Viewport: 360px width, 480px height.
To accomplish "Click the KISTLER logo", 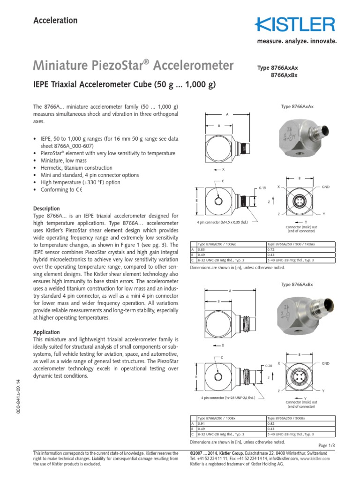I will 295,25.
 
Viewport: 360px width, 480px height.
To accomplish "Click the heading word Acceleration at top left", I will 55,20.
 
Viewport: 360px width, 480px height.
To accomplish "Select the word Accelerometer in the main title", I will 194,66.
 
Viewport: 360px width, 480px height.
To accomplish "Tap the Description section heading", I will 46,209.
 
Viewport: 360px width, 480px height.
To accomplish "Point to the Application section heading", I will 47,332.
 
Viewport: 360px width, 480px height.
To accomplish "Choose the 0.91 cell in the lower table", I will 202,423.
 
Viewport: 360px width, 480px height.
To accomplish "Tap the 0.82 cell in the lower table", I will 271,423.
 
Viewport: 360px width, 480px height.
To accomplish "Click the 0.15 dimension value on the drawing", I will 262,188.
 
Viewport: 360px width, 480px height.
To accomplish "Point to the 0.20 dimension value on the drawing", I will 269,366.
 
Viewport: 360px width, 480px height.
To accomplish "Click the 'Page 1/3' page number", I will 327,445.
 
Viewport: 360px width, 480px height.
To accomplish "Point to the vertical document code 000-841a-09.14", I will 19,397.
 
